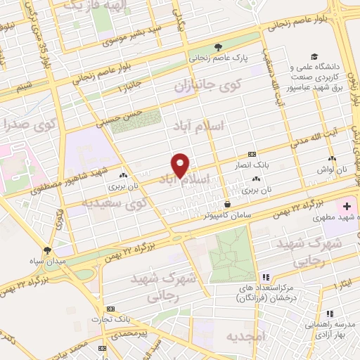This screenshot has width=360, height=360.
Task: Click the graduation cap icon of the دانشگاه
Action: pos(313,57)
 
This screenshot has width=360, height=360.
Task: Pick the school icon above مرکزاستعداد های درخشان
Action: pos(265,277)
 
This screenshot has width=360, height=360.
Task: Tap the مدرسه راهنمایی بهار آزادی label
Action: pos(329,326)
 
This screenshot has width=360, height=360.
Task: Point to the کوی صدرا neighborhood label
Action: pos(29,126)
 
